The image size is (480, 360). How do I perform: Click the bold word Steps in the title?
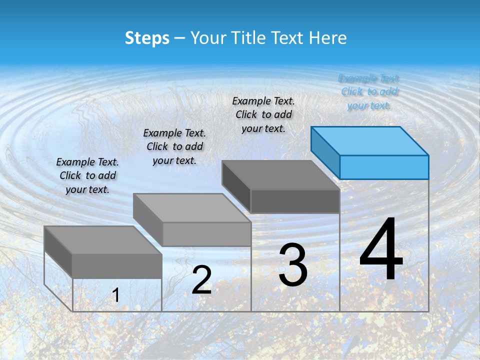click(147, 38)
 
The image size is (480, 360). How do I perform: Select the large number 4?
click(381, 250)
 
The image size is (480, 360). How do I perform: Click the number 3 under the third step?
click(293, 265)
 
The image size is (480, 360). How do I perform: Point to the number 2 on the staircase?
click(201, 280)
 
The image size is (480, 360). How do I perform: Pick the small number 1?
click(115, 295)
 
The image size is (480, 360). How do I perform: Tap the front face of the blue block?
click(384, 167)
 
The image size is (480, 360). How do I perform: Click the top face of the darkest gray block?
click(280, 175)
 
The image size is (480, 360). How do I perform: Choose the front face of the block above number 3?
click(295, 201)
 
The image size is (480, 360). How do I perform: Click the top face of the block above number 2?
click(192, 207)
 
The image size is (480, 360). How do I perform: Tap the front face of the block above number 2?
click(206, 234)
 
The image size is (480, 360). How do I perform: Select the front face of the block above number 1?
click(117, 266)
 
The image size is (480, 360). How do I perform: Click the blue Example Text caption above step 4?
click(369, 92)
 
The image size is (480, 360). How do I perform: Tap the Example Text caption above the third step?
click(263, 115)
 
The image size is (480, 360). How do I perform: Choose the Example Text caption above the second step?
click(174, 146)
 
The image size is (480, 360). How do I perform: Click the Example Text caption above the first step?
click(87, 175)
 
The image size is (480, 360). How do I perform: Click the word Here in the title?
click(327, 38)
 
